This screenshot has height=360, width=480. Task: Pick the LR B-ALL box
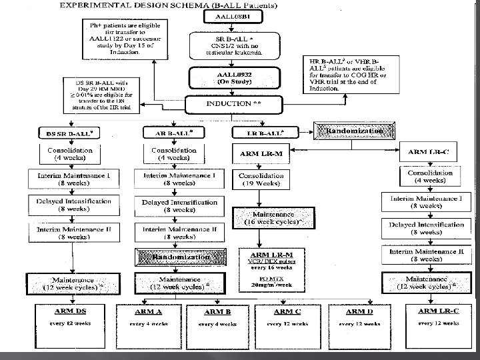click(x=262, y=132)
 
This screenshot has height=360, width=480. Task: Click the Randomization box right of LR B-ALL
click(x=355, y=131)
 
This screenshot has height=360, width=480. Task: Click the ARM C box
click(x=294, y=315)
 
